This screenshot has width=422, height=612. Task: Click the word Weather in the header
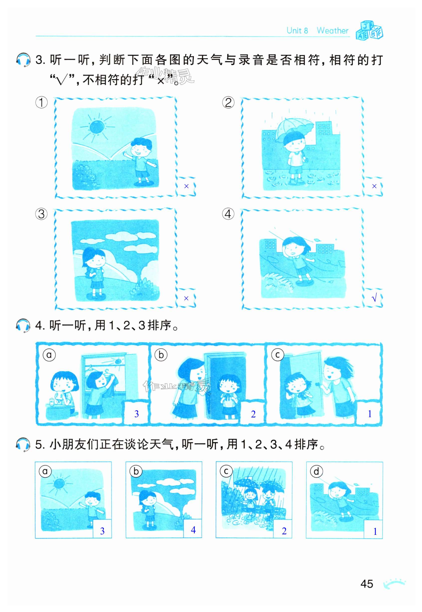pos(333,30)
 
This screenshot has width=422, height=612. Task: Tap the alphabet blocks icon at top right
pos(369,30)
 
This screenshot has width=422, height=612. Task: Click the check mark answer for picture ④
pos(374,298)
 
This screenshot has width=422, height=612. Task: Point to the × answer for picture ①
pos(186,186)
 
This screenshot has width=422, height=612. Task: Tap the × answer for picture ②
pos(374,186)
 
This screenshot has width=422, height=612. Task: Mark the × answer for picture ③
pos(186,299)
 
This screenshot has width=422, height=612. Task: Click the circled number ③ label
pos(41,214)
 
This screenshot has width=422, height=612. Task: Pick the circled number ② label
pos(228,102)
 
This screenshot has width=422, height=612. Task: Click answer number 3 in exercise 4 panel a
pos(137,414)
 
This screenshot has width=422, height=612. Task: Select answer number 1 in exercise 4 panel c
pos(370,414)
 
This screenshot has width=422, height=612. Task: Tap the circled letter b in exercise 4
pos(161,354)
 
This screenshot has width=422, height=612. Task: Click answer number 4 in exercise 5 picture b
pos(193,530)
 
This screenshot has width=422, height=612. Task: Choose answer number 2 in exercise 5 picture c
pos(284,531)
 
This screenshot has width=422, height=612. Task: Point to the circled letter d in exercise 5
pos(316,471)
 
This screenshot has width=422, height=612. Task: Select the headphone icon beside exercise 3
pos(23,60)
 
